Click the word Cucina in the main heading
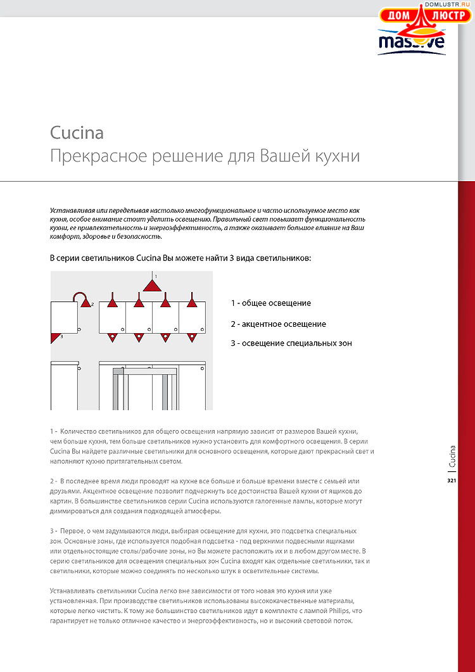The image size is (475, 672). coord(77,133)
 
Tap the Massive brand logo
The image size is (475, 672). coord(411,42)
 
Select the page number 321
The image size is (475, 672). coord(452,481)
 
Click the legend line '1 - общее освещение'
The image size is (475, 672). coord(270,303)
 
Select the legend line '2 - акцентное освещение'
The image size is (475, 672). coord(278,324)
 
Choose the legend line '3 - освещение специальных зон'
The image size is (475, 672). coord(291,343)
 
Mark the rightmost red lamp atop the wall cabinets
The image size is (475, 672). coord(192,303)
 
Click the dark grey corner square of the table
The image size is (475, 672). coord(118,370)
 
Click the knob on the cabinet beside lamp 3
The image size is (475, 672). coord(78,330)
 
